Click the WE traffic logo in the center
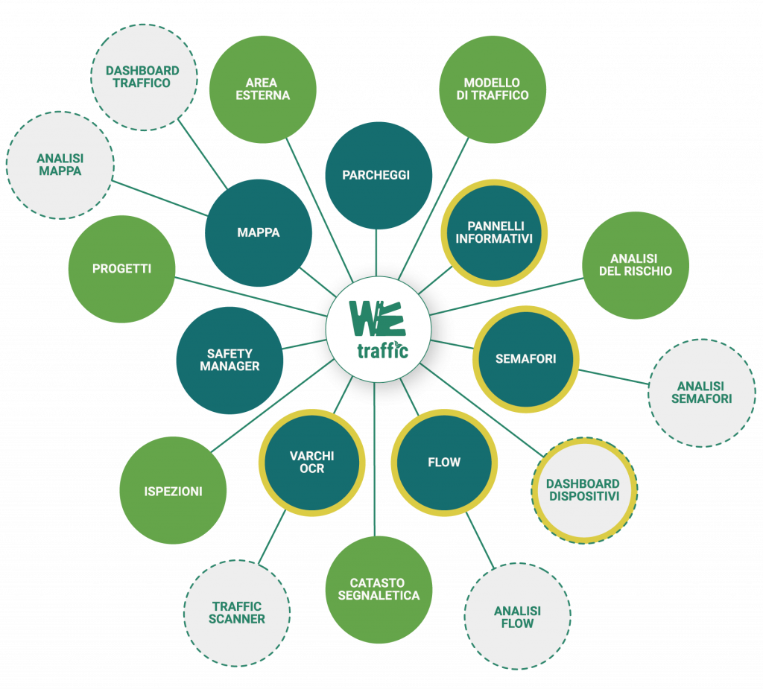379,328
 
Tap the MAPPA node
259,232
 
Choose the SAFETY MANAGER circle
229,361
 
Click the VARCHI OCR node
311,462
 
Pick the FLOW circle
444,463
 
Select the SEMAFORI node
525,359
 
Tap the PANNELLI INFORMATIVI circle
494,232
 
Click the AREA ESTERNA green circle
262,89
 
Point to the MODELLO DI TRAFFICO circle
493,89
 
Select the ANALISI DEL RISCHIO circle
635,265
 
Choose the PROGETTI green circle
121,269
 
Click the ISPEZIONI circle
173,491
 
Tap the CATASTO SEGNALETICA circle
379,589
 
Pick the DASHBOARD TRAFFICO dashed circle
142,77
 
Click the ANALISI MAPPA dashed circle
60,165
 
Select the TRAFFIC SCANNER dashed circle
237,613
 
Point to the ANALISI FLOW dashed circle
517,617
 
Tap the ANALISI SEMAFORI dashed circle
701,393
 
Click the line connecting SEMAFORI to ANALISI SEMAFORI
613,376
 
